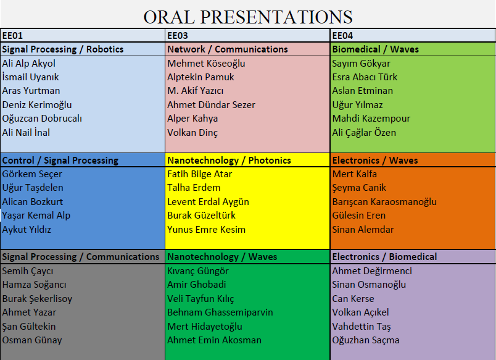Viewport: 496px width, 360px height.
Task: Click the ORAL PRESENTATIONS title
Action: click(x=248, y=17)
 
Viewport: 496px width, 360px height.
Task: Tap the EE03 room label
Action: click(x=178, y=35)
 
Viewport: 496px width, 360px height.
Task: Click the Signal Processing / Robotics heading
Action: click(x=63, y=49)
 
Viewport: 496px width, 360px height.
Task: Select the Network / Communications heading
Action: click(x=228, y=49)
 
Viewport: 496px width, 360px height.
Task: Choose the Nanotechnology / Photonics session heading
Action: click(x=229, y=161)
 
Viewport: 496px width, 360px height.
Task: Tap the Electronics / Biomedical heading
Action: click(x=384, y=257)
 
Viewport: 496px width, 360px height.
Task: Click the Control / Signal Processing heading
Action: click(x=60, y=161)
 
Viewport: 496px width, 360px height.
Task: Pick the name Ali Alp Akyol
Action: click(x=29, y=64)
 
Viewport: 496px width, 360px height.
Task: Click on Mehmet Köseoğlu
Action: click(x=206, y=64)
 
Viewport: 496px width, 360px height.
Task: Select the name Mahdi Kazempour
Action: click(x=371, y=119)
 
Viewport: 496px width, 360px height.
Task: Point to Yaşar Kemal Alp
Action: click(x=36, y=216)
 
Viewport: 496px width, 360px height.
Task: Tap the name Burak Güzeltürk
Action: click(x=201, y=216)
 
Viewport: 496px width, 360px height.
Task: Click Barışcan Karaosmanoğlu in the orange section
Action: click(x=384, y=202)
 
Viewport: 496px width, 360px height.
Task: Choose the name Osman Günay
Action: click(x=32, y=340)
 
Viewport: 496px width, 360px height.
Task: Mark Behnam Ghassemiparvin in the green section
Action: click(x=220, y=312)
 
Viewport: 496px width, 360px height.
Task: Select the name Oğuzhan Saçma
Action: click(x=366, y=340)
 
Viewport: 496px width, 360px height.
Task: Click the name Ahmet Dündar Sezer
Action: click(x=211, y=105)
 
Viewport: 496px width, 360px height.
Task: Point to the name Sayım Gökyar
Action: click(x=362, y=64)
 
